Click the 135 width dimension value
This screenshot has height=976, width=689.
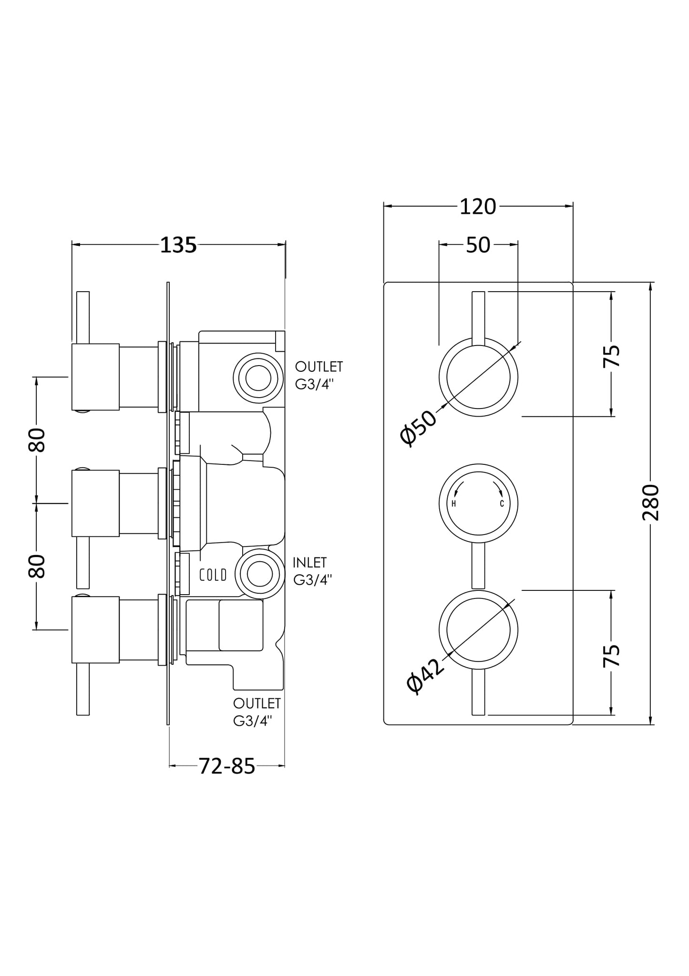(x=178, y=245)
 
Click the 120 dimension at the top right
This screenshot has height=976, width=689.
(x=478, y=207)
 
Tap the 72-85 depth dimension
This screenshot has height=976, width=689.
(x=226, y=766)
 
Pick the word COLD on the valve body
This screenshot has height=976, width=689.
(x=213, y=575)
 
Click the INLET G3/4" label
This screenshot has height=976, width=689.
(x=312, y=571)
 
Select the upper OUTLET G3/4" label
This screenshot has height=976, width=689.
(x=319, y=375)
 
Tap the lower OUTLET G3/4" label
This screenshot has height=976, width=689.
(x=257, y=712)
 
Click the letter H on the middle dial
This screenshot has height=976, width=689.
(x=453, y=504)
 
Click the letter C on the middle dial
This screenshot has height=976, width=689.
(x=502, y=504)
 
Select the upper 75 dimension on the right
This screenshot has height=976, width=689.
(x=612, y=355)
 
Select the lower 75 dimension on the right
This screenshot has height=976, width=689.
(x=612, y=655)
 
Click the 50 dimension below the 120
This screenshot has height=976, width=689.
(x=478, y=245)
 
